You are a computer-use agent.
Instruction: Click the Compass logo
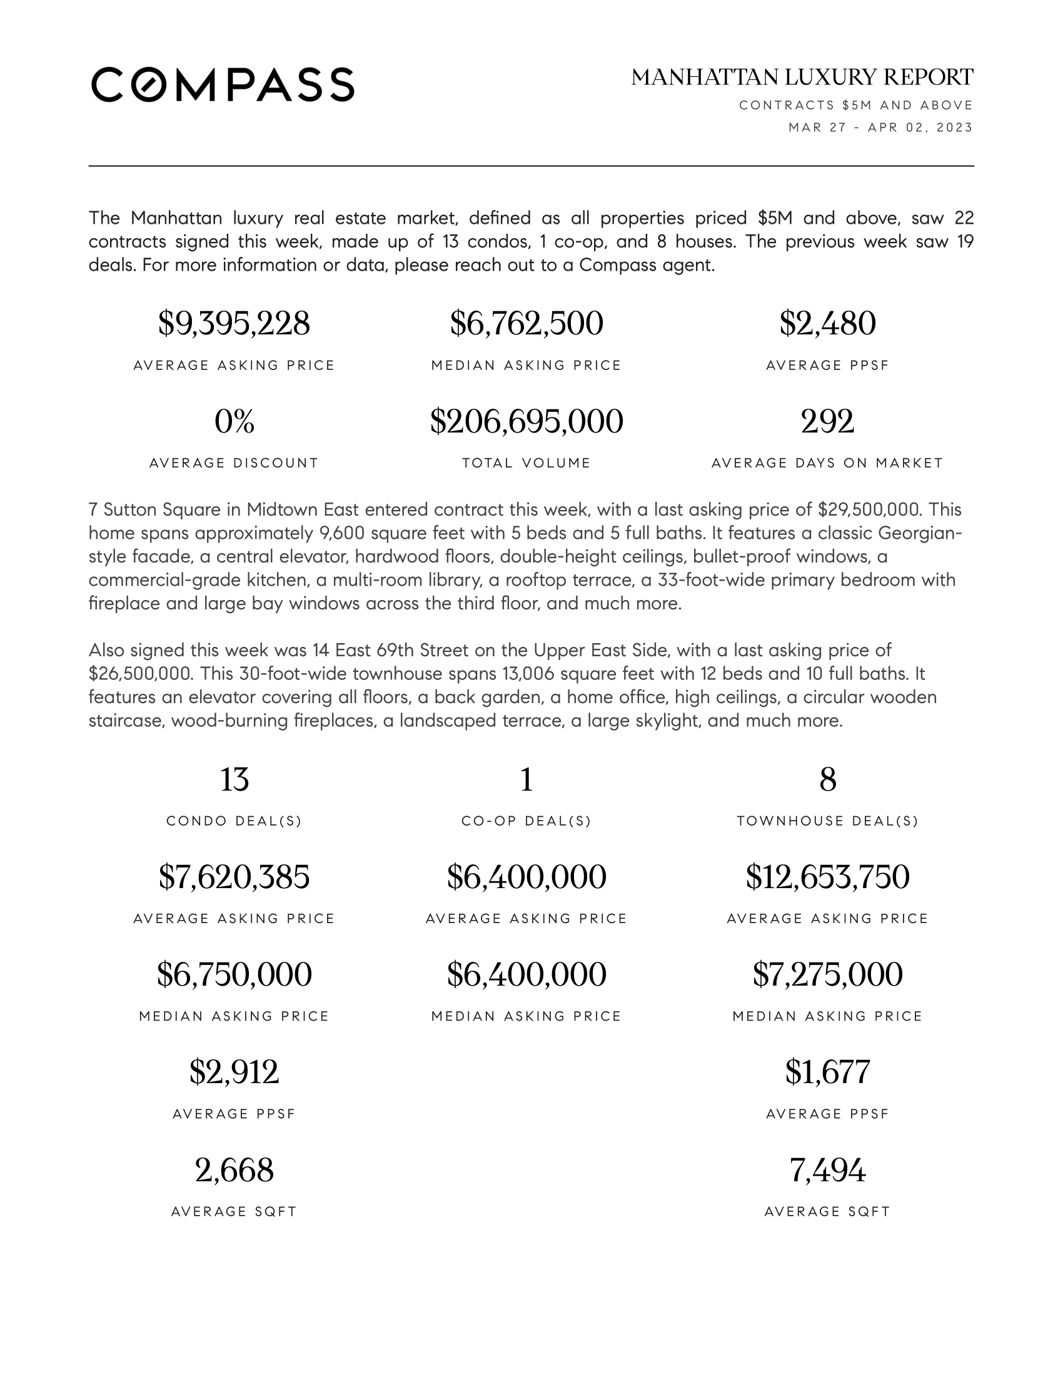[223, 84]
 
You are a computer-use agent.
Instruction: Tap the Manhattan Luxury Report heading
[802, 77]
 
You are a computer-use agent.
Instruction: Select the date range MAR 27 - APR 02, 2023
[880, 127]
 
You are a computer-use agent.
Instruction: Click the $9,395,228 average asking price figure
[234, 324]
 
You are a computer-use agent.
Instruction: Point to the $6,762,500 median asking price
[526, 324]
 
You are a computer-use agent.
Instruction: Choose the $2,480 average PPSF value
[827, 324]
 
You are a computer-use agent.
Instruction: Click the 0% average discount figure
[234, 421]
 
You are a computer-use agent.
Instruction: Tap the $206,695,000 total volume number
[526, 421]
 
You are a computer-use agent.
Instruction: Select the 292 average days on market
[827, 421]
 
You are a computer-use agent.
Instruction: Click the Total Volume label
[526, 463]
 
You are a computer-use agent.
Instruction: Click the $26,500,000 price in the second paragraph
[139, 674]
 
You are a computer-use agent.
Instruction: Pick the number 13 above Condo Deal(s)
[234, 779]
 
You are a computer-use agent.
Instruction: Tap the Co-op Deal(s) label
[526, 821]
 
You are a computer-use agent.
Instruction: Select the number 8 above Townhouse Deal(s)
[827, 779]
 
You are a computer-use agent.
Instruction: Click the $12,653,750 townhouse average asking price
[827, 877]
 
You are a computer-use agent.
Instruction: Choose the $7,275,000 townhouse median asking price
[827, 974]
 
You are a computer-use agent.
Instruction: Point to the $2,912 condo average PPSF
[234, 1072]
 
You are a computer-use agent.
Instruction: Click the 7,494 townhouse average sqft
[827, 1171]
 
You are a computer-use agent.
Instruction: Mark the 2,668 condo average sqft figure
[234, 1171]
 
